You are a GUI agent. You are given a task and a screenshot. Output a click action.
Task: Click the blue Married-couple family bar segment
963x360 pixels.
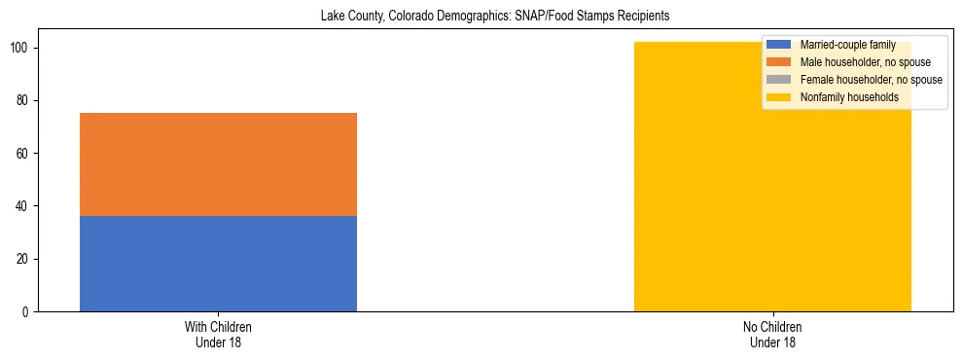pos(218,263)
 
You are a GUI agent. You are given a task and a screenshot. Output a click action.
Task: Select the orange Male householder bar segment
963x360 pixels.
pos(218,163)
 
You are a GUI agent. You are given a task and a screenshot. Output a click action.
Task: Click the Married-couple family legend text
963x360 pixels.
pos(847,45)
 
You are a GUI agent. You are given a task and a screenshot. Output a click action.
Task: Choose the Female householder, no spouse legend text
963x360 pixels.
pos(871,80)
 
